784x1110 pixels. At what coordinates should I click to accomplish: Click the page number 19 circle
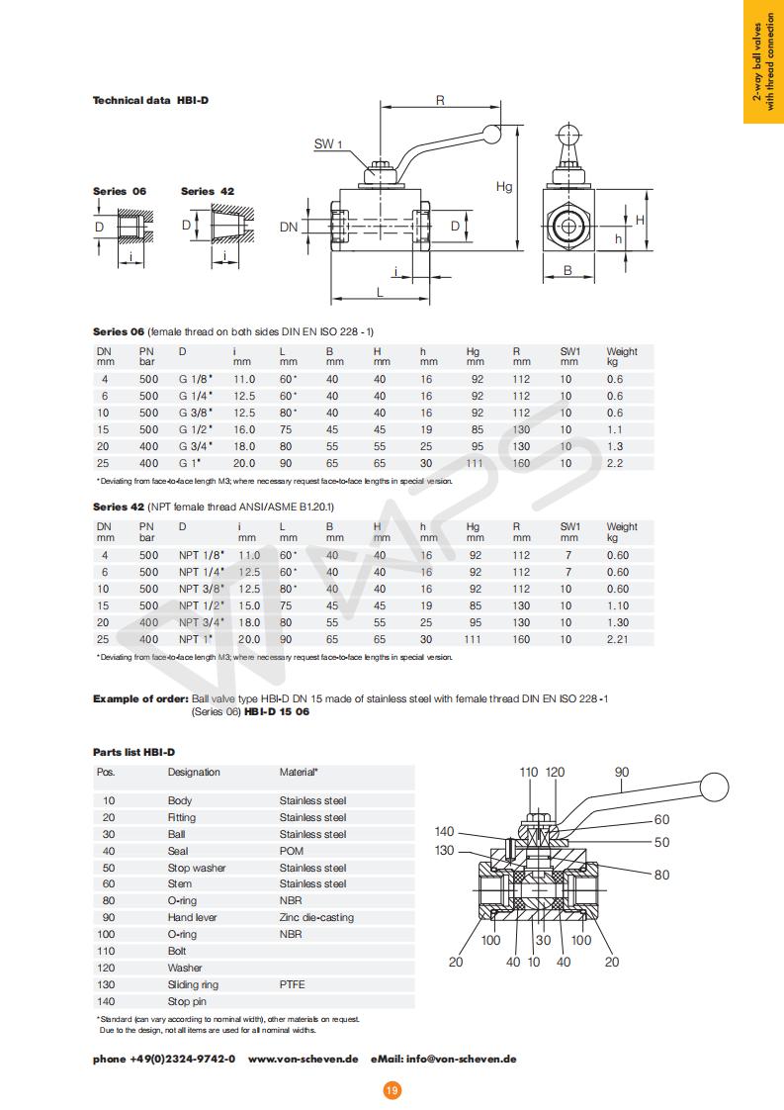coord(392,1090)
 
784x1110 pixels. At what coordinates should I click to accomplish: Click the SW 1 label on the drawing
coord(328,144)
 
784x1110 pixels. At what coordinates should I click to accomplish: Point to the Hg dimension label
coord(503,186)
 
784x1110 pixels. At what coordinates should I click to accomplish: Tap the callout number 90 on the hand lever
coord(622,772)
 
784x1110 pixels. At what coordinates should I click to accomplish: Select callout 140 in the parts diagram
coord(445,832)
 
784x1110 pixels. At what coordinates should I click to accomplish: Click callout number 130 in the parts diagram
coord(445,850)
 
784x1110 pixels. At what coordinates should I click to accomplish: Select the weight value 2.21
coord(617,639)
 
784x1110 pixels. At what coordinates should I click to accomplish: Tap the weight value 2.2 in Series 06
coord(615,463)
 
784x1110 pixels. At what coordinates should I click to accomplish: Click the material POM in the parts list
coord(292,851)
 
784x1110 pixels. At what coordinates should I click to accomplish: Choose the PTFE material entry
coord(294,984)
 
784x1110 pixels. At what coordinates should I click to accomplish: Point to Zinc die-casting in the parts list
coord(316,917)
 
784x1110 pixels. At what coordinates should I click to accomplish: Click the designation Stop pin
coord(187,1001)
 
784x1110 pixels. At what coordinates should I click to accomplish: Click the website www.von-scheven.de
coord(303,1059)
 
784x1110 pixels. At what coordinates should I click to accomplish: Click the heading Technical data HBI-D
coord(150,100)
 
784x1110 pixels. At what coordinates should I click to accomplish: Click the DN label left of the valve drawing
coord(289,227)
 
